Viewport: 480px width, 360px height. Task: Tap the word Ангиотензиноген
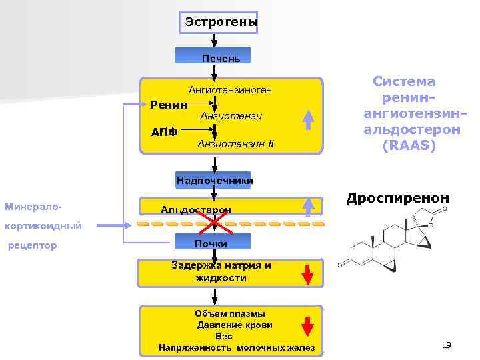(230, 89)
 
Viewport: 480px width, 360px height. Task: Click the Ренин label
(169, 104)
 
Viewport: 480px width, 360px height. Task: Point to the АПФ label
(165, 131)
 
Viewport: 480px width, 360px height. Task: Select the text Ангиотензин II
(235, 144)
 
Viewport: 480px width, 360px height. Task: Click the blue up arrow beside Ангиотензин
(308, 119)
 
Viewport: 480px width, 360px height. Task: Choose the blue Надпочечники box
(214, 180)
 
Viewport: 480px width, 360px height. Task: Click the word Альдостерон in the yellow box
(196, 210)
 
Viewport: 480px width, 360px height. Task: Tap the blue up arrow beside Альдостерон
(308, 206)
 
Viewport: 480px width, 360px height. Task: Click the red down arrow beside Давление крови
(308, 326)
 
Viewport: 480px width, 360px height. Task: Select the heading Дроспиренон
(397, 198)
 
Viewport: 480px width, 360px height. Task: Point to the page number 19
(447, 345)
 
